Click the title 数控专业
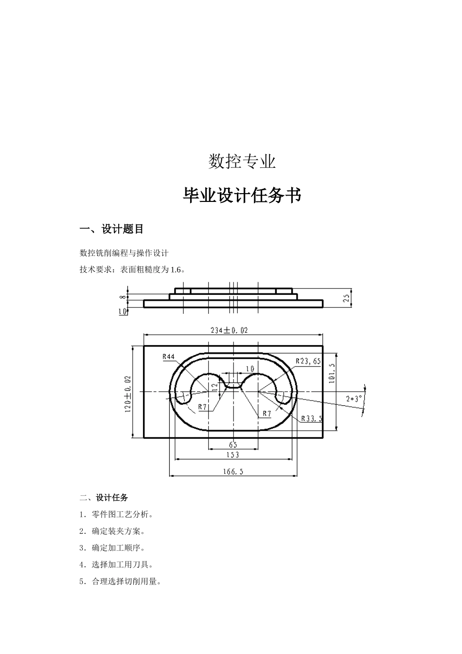point(242,162)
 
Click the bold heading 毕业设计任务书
point(242,196)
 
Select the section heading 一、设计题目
point(111,229)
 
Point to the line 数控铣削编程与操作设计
point(124,253)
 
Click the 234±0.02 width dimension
point(229,330)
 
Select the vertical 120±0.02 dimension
point(128,394)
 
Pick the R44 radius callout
point(168,357)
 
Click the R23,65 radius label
point(308,361)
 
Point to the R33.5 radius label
point(312,418)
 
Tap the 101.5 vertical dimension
point(332,373)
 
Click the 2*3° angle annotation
point(354,399)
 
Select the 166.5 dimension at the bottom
point(233,471)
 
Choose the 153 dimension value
point(232,454)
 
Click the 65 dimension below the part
point(232,445)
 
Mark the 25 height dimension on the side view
point(346,298)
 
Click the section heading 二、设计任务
point(104,498)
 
